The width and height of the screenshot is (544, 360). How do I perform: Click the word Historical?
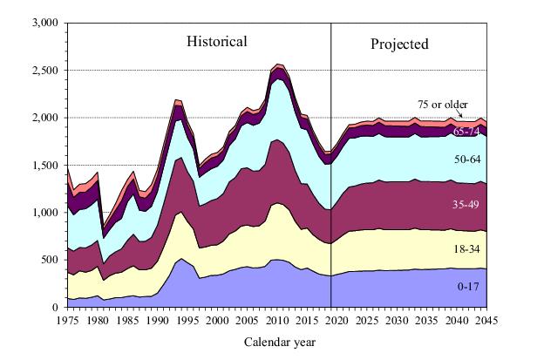coord(217,42)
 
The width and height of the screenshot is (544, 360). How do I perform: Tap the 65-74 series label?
coord(467,132)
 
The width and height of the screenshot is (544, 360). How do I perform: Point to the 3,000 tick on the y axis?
coord(43,23)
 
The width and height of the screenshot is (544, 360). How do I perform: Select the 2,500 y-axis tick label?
coord(43,71)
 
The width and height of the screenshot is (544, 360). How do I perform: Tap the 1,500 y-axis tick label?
coord(43,166)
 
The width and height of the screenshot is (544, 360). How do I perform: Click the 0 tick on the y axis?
coord(56,308)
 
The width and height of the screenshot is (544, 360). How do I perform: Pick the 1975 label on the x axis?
coord(66,320)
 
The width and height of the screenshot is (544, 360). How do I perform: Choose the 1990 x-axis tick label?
coord(156,320)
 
